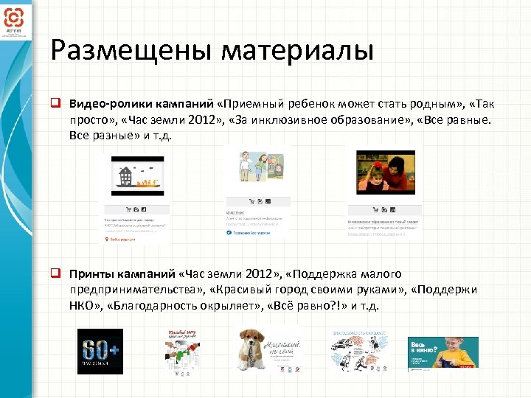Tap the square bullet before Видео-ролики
coord(55,103)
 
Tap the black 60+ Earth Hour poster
coord(100,351)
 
